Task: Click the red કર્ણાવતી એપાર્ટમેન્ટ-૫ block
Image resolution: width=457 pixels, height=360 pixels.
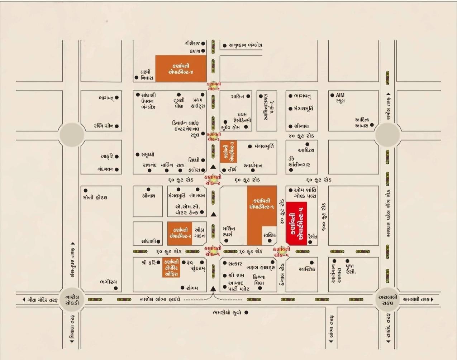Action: click(x=296, y=224)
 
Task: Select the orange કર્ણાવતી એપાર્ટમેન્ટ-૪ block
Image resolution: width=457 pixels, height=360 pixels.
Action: click(x=181, y=68)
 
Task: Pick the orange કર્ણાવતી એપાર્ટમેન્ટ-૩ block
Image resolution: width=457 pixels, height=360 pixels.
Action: click(x=228, y=152)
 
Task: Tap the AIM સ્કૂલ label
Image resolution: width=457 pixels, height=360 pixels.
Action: click(x=340, y=98)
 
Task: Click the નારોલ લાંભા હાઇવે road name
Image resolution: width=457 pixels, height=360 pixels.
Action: click(x=160, y=299)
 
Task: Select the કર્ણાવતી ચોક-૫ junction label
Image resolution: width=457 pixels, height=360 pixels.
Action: click(x=281, y=251)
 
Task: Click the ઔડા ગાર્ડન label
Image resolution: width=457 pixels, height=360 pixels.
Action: click(x=199, y=232)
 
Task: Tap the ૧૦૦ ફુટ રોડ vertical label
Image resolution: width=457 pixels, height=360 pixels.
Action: click(x=324, y=216)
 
